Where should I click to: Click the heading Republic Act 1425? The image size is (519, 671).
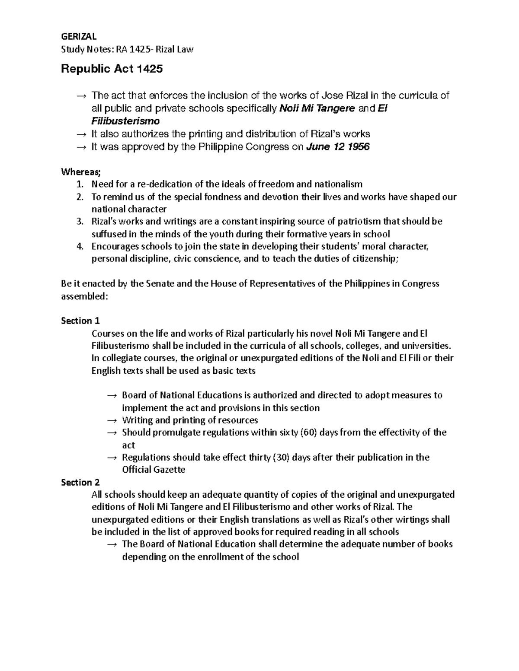point(112,69)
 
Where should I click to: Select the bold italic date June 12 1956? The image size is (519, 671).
point(338,146)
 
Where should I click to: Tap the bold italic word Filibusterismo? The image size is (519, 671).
point(125,121)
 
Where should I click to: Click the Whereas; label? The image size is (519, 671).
point(81,172)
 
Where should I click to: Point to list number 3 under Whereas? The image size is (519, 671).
point(79,222)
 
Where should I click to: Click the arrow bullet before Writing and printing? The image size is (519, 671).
point(112,420)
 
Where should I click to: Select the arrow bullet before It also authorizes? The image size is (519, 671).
point(81,134)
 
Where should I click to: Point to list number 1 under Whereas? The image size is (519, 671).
point(79,184)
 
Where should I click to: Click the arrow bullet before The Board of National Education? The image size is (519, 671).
point(112,544)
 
